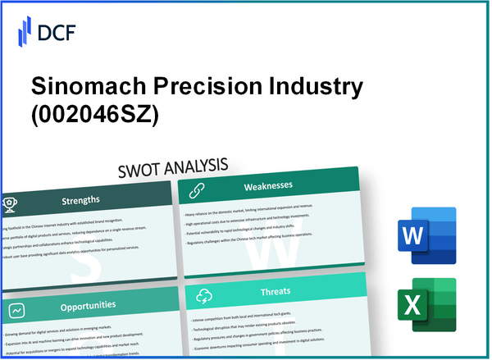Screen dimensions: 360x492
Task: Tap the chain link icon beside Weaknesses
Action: point(198,189)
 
